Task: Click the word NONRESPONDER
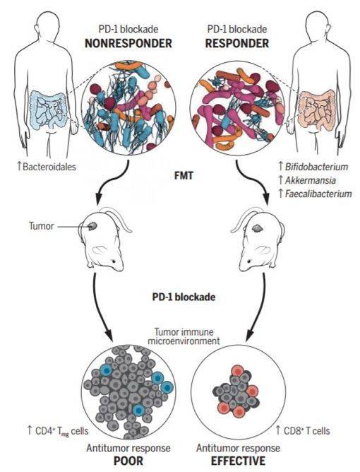point(128,43)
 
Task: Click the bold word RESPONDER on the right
point(237,43)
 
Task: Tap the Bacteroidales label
point(47,167)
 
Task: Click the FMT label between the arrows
point(184,175)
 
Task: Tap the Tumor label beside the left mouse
point(41,226)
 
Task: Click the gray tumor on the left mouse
point(92,226)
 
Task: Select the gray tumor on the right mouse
point(257,228)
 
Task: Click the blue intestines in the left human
point(49,109)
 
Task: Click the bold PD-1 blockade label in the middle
point(184,297)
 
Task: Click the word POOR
point(128,461)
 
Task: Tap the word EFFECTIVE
point(238,461)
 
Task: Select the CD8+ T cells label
point(303,431)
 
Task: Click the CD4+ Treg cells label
point(58,431)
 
